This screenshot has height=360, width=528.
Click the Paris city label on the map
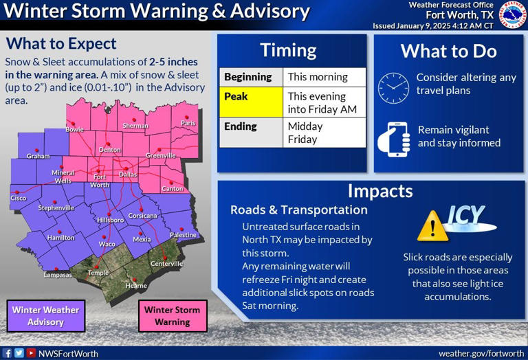point(188,123)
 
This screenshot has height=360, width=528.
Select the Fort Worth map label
point(100,181)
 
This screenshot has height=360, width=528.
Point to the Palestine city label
point(183,235)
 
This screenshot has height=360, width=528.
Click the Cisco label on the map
point(18,198)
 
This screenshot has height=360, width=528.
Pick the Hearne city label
point(136,285)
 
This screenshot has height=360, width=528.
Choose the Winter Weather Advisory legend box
point(45,316)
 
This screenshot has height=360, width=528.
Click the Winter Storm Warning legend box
point(172,316)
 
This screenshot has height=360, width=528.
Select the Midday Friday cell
point(324,133)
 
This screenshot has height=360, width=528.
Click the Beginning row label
point(251,77)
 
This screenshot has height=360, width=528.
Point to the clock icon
point(393,88)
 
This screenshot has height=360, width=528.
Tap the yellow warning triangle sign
point(433,225)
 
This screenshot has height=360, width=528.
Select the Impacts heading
point(379,190)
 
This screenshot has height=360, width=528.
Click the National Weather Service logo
point(512,14)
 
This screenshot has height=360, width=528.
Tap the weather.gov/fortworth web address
point(481,353)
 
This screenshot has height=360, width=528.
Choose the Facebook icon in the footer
point(8,353)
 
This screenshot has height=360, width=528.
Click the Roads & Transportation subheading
point(298,210)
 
